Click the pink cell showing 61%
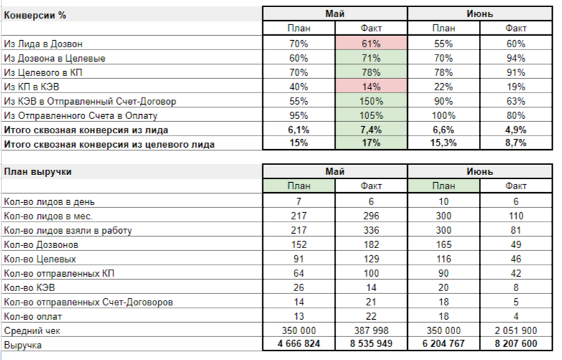tap(371, 43)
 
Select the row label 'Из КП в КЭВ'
tap(31, 86)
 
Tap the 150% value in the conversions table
tap(371, 101)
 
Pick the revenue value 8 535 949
tap(371, 345)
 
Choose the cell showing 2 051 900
tap(516, 331)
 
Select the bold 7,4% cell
tap(371, 130)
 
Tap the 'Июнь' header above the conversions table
tap(480, 14)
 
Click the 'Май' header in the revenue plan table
tap(335, 172)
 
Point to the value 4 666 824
tap(298, 345)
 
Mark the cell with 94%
tap(516, 57)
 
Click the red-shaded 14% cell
tap(371, 86)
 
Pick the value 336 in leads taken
tap(371, 230)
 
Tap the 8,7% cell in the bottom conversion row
tap(516, 144)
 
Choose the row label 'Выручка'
tap(23, 345)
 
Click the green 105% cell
tap(371, 115)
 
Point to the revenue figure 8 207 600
tap(516, 345)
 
